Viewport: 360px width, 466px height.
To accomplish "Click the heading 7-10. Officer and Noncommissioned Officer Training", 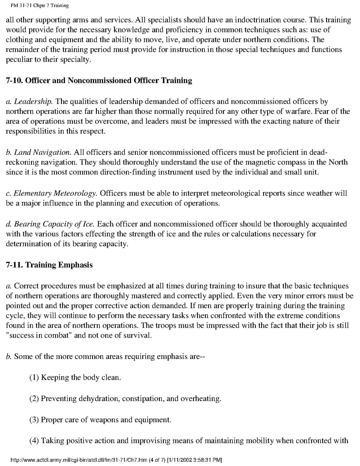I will pos(99,81).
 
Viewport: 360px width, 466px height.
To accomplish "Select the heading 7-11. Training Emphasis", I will pos(49,265).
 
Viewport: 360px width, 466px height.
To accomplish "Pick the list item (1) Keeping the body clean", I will pos(75,378).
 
